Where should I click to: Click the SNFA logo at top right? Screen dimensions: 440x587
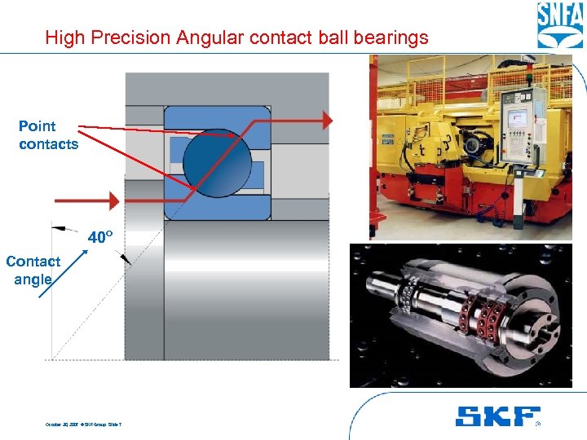coord(558,25)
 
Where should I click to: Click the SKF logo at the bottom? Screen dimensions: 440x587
coord(497,416)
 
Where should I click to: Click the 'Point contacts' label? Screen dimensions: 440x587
coord(48,135)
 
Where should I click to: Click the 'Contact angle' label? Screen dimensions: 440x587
coord(33,270)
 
